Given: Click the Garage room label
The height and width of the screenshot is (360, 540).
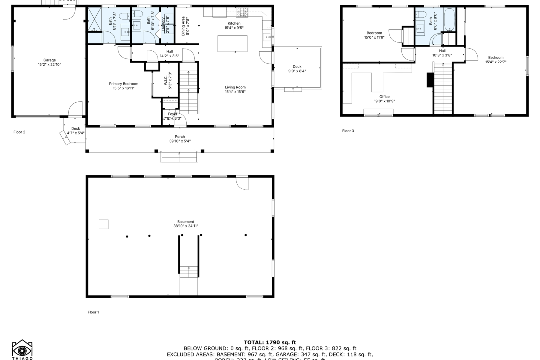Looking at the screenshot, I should (49, 60).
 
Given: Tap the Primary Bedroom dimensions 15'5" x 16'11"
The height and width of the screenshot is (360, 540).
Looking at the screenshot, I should (124, 88).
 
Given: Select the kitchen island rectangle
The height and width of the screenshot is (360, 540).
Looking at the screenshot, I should (232, 43).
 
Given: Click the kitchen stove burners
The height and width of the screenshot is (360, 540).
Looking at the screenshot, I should (242, 13).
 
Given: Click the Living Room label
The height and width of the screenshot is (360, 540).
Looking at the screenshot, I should (235, 87).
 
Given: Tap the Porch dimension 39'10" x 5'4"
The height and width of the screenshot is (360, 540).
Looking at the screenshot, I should (180, 141).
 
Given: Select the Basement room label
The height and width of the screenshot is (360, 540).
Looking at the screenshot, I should (186, 222).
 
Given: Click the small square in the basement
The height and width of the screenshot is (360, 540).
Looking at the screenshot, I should (103, 224).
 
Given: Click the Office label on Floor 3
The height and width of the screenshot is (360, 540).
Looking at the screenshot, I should (384, 97).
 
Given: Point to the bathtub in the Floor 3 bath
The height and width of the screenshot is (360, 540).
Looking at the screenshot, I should (449, 20).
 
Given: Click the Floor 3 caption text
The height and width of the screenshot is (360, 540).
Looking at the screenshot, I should (348, 131).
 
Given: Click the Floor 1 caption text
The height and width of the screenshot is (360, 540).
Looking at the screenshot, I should (93, 312).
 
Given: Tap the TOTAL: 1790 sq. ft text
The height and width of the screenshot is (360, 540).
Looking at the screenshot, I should (270, 342).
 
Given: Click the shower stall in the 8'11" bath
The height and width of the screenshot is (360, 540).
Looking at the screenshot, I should (94, 19).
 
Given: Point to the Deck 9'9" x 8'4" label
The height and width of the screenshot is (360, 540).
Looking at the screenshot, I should (297, 69).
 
